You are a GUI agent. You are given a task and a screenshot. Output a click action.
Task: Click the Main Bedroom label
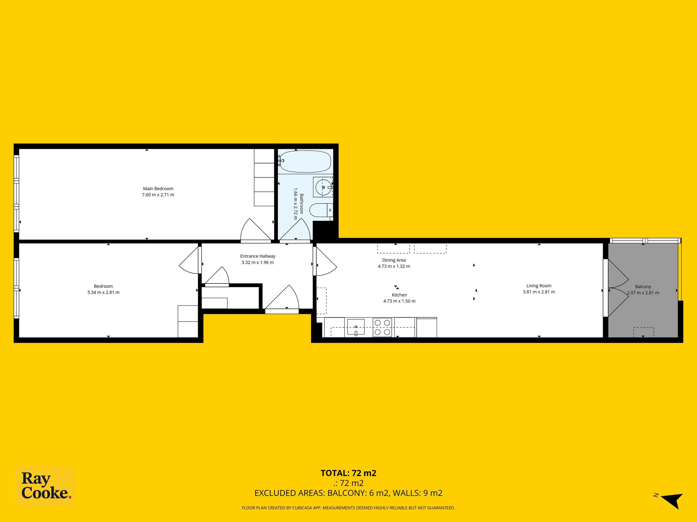pyautogui.click(x=158, y=189)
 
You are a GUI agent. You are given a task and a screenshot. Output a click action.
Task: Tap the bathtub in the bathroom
pyautogui.click(x=305, y=161)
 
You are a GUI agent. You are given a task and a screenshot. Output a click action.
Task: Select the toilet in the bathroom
pyautogui.click(x=321, y=210)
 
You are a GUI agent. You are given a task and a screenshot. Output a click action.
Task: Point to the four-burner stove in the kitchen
pyautogui.click(x=383, y=327)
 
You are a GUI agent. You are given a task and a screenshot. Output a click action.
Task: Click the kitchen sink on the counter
pyautogui.click(x=356, y=327)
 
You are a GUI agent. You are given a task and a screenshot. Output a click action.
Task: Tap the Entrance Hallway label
pyautogui.click(x=258, y=256)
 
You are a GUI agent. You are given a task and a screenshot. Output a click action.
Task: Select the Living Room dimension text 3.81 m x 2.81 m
pyautogui.click(x=539, y=292)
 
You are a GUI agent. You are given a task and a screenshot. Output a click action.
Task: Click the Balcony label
pyautogui.click(x=643, y=286)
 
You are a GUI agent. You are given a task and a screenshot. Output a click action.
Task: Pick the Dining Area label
pyautogui.click(x=394, y=260)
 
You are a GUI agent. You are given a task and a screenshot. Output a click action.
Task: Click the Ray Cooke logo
pyautogui.click(x=46, y=486)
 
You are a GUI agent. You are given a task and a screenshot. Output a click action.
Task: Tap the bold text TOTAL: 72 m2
pyautogui.click(x=348, y=473)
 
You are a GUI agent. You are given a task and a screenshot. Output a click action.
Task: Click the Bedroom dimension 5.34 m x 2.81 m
pyautogui.click(x=103, y=292)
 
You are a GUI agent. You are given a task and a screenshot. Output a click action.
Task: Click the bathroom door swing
pyautogui.click(x=295, y=231)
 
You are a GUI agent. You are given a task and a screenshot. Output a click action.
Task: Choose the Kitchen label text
pyautogui.click(x=399, y=295)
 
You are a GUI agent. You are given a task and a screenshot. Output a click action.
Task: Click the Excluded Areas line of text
pyautogui.click(x=348, y=493)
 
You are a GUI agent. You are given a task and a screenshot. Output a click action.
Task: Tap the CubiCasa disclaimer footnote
pyautogui.click(x=348, y=508)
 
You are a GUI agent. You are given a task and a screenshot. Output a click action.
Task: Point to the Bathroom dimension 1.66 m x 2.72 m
pyautogui.click(x=296, y=204)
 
